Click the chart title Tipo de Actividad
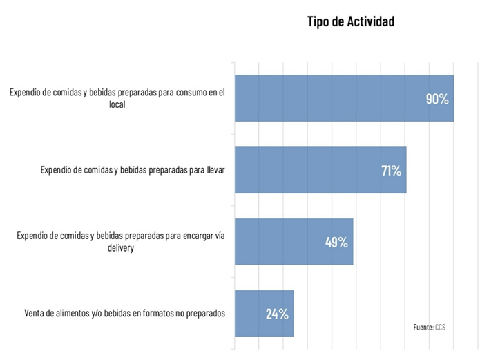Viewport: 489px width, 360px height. coord(350,22)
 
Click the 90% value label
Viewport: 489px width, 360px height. coord(437,99)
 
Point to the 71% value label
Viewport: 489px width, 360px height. coord(391,171)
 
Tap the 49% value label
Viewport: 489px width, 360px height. coord(336,243)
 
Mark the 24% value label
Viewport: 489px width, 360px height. coord(277,314)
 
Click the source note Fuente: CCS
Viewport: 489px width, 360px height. coord(429,327)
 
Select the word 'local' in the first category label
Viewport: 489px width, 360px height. coord(116,105)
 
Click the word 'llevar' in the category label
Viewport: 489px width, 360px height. coord(215,170)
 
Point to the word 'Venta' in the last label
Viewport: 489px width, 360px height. coord(35,313)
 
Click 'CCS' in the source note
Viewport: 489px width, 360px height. coord(440,327)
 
